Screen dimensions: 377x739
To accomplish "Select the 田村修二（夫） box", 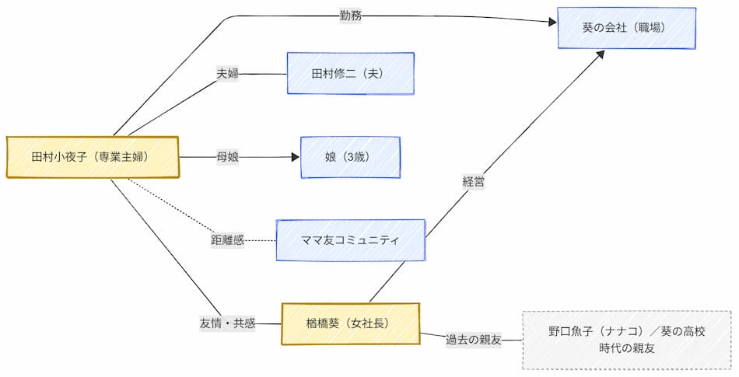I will point(350,74).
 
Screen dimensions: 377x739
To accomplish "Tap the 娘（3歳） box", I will point(350,157).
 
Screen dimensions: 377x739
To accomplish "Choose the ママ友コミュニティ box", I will point(350,240).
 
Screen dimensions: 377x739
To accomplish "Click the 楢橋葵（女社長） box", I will point(350,323).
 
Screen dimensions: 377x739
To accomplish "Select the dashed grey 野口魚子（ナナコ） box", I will point(626,340).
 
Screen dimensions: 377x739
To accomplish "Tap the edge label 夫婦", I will point(227,74).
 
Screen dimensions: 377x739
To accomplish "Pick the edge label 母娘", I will point(227,157).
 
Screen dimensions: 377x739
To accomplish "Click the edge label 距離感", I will point(227,240).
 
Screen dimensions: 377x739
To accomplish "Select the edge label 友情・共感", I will point(227,323).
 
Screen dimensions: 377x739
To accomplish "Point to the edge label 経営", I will point(474,181).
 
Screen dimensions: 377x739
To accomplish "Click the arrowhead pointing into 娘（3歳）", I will point(295,157).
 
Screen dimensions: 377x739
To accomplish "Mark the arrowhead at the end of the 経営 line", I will point(601,54).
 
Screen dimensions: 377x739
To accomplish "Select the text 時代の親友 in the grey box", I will point(626,348).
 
